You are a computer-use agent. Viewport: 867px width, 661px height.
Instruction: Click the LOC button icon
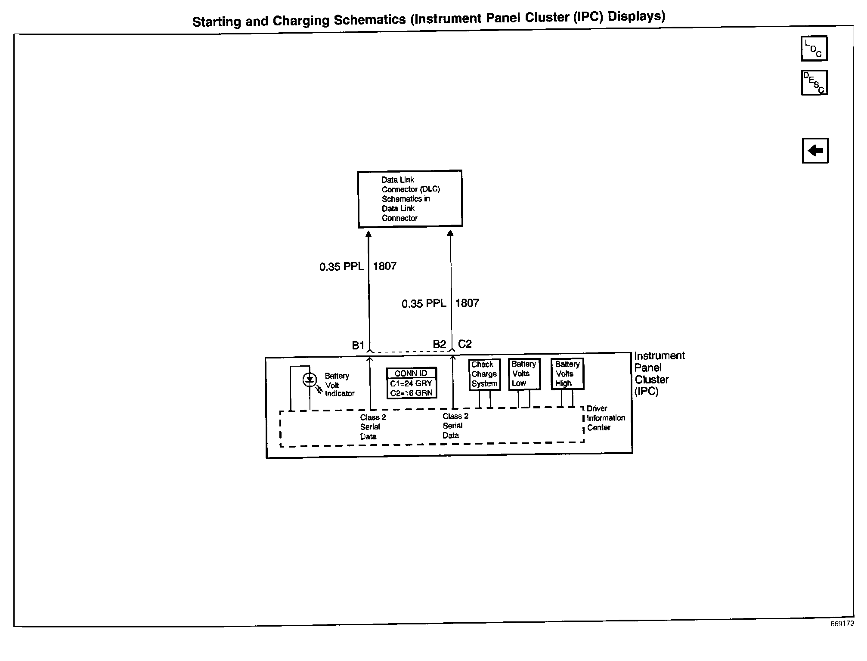[814, 48]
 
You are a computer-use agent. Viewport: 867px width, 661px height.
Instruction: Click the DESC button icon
[814, 83]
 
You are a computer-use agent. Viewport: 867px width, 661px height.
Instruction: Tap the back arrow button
[815, 151]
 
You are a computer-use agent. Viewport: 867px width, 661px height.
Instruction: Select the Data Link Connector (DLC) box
[410, 199]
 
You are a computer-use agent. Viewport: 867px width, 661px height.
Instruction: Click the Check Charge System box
[484, 374]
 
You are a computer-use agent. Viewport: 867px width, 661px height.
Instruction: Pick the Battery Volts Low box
[524, 374]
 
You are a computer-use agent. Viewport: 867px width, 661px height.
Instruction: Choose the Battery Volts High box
[567, 374]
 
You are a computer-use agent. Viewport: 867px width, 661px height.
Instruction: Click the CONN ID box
[412, 383]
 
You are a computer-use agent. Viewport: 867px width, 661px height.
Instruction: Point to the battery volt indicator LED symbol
[310, 380]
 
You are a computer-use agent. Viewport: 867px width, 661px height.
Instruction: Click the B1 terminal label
[358, 345]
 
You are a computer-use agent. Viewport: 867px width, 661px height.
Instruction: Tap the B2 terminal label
[439, 344]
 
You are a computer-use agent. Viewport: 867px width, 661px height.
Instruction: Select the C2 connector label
[465, 344]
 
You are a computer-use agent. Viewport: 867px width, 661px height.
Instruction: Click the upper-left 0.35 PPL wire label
[341, 267]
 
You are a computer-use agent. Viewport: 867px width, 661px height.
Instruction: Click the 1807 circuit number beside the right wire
[467, 303]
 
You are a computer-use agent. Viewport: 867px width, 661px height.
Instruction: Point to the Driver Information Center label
[605, 418]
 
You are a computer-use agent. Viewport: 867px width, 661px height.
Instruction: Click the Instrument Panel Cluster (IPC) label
[659, 374]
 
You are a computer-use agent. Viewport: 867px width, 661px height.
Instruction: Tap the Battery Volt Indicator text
[339, 385]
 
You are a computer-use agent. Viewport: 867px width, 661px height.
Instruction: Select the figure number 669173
[842, 624]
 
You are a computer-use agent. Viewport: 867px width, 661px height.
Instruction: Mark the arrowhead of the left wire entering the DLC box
[368, 234]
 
